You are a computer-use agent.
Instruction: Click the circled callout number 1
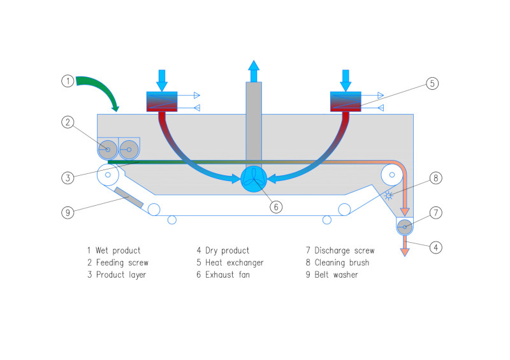point(68,81)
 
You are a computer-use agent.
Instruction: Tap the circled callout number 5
point(432,83)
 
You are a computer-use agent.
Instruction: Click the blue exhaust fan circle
point(254,179)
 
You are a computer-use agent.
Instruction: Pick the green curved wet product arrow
point(99,89)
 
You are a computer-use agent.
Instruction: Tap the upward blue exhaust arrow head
point(254,66)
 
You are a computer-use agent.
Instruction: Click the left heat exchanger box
point(163,101)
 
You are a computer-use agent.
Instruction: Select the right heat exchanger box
point(346,101)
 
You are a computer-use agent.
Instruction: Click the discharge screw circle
point(405,227)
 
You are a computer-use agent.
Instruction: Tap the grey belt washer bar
point(129,198)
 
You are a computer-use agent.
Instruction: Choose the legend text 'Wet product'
point(114,250)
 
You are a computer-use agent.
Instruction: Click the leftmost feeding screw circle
point(107,150)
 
